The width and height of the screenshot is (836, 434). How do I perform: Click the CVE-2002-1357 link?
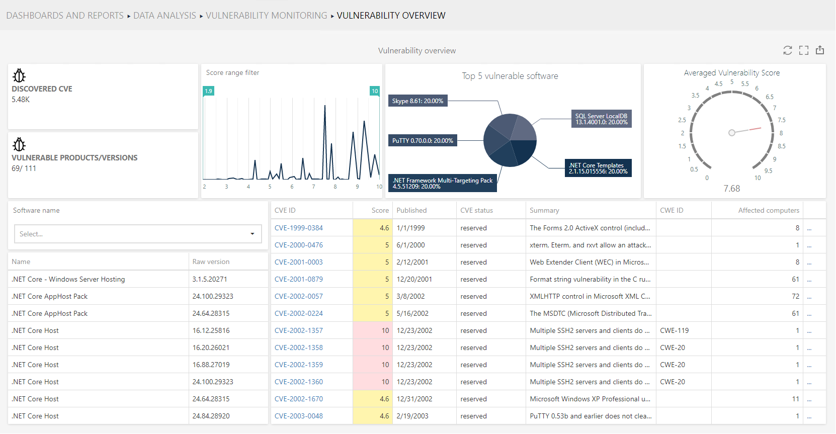click(x=299, y=330)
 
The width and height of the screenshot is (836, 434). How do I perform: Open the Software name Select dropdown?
click(x=138, y=234)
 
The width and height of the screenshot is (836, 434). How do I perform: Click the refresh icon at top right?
click(x=788, y=50)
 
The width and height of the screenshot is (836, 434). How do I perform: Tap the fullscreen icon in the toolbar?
click(x=804, y=50)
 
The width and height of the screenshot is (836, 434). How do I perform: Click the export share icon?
click(x=820, y=50)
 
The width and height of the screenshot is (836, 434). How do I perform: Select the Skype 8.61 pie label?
click(x=417, y=101)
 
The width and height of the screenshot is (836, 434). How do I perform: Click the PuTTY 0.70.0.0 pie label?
click(x=423, y=141)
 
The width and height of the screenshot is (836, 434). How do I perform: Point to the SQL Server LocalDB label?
click(x=601, y=119)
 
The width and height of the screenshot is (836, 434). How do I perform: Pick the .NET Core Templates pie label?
click(x=598, y=168)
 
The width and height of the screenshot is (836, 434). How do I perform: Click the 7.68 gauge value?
click(x=731, y=189)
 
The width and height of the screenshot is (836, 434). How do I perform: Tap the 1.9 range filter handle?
click(x=208, y=91)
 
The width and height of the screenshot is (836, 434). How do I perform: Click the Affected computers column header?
click(x=768, y=211)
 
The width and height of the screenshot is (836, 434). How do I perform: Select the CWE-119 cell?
click(x=674, y=330)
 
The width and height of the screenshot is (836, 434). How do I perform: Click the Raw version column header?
click(x=211, y=262)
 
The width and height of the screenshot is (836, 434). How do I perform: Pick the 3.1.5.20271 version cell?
click(x=210, y=279)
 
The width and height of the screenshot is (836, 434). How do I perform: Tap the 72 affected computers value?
click(x=795, y=296)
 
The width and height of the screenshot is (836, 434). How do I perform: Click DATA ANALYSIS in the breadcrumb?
click(x=164, y=16)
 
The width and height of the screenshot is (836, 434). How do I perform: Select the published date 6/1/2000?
click(x=410, y=245)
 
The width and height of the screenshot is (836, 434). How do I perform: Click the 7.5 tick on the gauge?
click(x=781, y=120)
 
